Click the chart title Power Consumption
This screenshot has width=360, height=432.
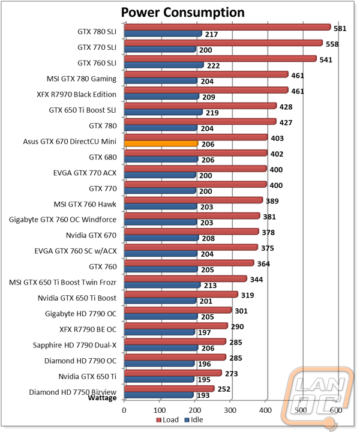183,13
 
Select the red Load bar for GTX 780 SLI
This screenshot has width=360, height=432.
227,27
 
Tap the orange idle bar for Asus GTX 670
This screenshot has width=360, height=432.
161,143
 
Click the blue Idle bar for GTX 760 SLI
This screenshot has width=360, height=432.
164,65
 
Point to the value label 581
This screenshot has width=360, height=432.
340,29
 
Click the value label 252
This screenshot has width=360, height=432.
224,389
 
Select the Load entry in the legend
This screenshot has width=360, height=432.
167,420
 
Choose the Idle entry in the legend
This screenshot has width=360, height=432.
194,420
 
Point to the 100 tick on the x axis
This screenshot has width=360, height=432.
160,410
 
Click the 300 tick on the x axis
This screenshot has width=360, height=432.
230,410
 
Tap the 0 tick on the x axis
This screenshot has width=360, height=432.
124,410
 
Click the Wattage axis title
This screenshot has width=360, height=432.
102,398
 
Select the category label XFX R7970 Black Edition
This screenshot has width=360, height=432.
77,95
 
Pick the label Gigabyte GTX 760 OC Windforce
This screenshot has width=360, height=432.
62,220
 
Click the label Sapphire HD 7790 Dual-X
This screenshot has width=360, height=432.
74,345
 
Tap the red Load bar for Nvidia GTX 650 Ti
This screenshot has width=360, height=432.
173,373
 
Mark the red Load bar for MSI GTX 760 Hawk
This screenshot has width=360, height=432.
193,200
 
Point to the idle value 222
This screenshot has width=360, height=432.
213,66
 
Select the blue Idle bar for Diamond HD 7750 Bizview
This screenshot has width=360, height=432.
159,395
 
